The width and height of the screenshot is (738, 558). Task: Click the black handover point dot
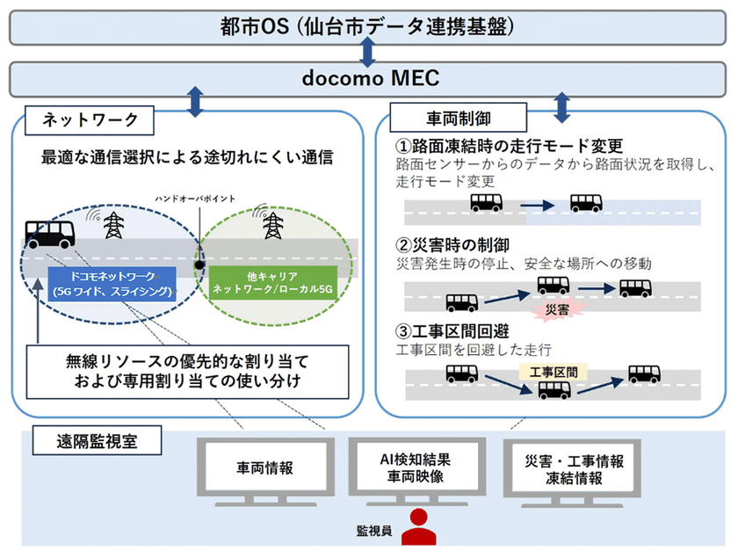pos(200,264)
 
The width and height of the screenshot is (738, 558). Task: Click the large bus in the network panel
pos(50,233)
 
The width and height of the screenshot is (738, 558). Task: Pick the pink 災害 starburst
pos(551,309)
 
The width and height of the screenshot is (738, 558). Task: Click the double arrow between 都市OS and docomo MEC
pos(367,53)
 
